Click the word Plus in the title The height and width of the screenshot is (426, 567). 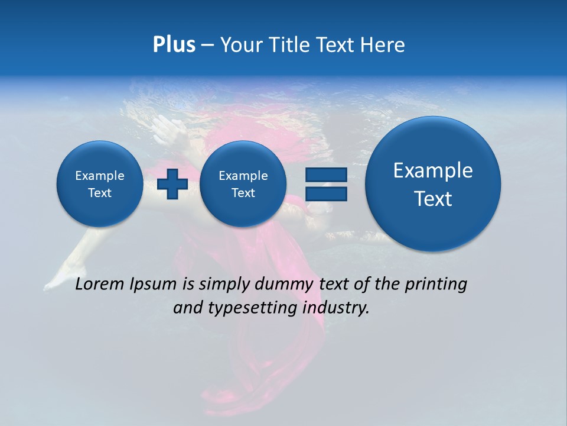pyautogui.click(x=174, y=45)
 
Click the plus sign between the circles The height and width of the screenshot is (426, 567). pyautogui.click(x=172, y=184)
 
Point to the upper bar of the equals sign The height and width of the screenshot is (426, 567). pyautogui.click(x=326, y=175)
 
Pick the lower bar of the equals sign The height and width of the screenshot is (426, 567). pyautogui.click(x=326, y=193)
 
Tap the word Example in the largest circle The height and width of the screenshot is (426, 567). pyautogui.click(x=433, y=170)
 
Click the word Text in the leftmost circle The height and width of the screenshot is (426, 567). pyautogui.click(x=100, y=193)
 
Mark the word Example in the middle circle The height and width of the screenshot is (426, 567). pyautogui.click(x=243, y=176)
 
